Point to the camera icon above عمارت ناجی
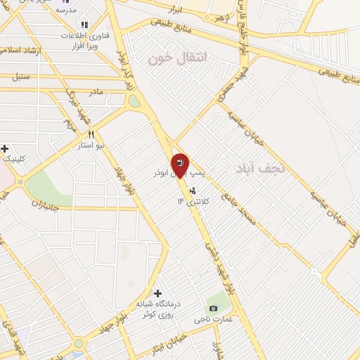(213, 308)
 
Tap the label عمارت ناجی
(213, 319)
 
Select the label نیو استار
(91, 145)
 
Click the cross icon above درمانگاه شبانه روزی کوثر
(157, 292)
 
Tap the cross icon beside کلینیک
(5, 148)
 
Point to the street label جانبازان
(48, 205)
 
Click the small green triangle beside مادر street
(134, 101)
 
